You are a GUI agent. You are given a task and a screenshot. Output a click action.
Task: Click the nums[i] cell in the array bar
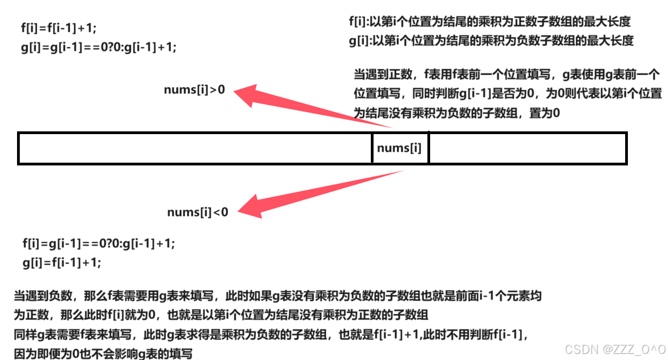pos(399,148)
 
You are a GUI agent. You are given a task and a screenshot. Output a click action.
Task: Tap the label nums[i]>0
pos(194,90)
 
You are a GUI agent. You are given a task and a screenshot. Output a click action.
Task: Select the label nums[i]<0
pos(197,212)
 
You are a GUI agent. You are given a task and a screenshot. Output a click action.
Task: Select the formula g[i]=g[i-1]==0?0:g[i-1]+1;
pos(99,47)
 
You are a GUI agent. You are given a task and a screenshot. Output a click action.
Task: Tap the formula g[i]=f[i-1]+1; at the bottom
pos(62,262)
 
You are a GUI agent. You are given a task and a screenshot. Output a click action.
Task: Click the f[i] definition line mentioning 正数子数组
pos(489,22)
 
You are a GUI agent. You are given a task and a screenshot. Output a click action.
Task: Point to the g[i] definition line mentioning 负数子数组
pos(491,41)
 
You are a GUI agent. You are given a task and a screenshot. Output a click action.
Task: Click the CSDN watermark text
pos(615,349)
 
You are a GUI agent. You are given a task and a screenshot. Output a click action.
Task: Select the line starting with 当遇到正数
pos(506,75)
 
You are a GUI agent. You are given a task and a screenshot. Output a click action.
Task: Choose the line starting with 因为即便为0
pos(103,354)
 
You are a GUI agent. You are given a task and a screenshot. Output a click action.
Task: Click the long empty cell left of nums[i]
pos(195,148)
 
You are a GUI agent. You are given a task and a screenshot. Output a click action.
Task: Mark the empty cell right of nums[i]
pos(527,148)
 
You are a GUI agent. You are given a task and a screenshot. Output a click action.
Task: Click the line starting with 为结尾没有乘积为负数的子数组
pos(457,113)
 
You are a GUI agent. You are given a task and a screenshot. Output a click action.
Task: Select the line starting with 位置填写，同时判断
pos(508,94)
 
